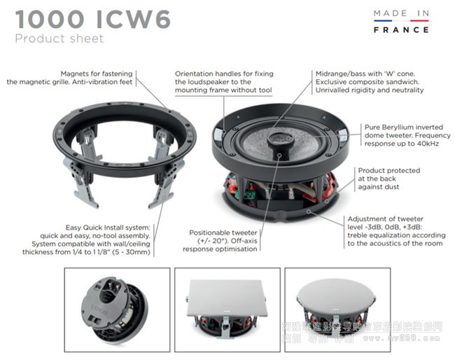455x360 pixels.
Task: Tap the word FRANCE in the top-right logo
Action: [x=400, y=30]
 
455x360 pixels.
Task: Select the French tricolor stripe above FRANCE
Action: [x=400, y=22]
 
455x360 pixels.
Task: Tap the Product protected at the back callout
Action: [x=388, y=179]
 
